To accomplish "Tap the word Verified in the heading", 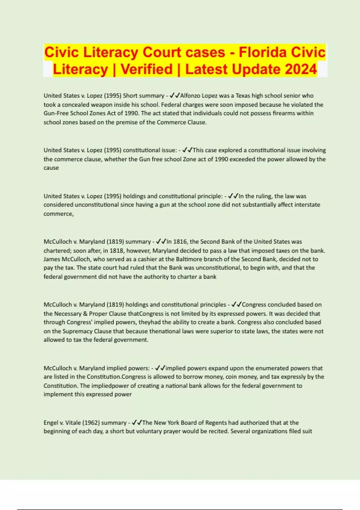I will (x=147, y=69).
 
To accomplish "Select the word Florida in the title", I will (x=262, y=52).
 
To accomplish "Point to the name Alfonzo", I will (x=190, y=96).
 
